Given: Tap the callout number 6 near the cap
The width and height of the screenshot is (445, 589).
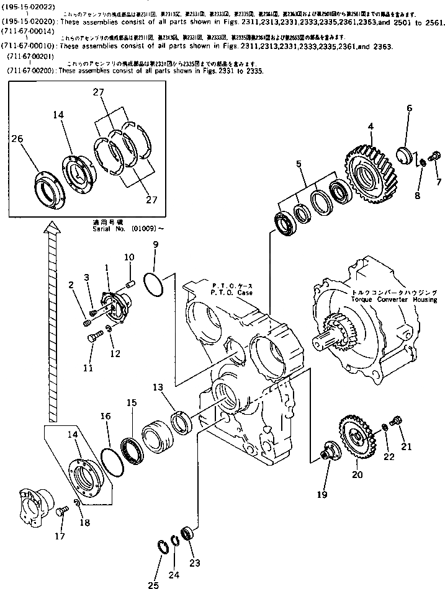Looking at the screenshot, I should (409, 108).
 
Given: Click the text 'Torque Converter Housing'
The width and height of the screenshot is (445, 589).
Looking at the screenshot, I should (384, 299).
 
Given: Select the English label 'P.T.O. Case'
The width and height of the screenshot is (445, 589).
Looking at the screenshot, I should (231, 292).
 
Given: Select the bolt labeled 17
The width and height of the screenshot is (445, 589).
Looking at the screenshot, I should (60, 512).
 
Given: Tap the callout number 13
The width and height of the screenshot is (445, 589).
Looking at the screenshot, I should (158, 388).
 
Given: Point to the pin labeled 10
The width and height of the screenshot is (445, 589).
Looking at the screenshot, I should (131, 285).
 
